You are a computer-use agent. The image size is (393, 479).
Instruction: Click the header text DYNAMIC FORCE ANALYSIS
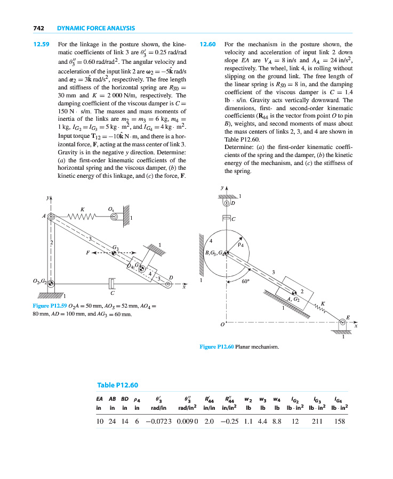tap(95, 28)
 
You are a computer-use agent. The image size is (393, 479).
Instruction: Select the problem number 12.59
tap(41, 45)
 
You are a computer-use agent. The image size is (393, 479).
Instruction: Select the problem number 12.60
tap(207, 45)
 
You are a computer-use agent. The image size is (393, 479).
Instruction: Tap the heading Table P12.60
tap(118, 385)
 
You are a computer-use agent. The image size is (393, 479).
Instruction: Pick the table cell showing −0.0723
tap(156, 420)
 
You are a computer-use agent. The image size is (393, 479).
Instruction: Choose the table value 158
tap(339, 420)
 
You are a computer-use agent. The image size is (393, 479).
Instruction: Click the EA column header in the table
tap(99, 399)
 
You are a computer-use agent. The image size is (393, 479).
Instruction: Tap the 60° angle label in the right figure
tap(245, 283)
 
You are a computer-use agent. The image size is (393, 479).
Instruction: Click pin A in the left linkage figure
tap(51, 217)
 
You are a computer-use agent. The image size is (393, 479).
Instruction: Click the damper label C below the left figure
tap(112, 293)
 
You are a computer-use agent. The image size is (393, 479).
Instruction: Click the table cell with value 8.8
tap(276, 420)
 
